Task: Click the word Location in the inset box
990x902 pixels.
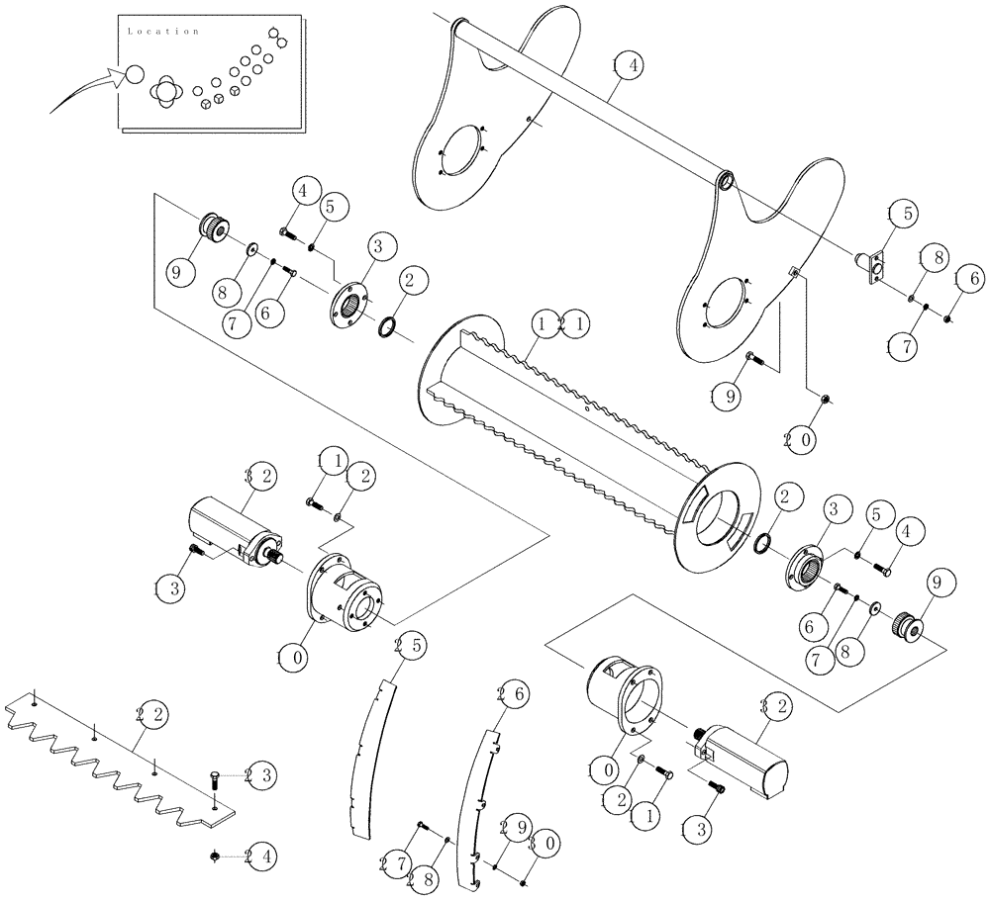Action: coord(164,32)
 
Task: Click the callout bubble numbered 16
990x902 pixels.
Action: coord(969,280)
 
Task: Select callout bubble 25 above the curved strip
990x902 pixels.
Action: coord(408,647)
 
